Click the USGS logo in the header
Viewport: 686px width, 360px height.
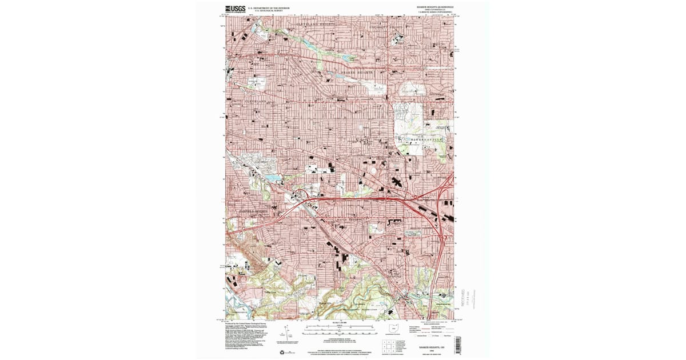(235, 9)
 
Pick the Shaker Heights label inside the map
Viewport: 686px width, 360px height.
(358, 73)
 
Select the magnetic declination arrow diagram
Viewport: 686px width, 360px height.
(284, 334)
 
